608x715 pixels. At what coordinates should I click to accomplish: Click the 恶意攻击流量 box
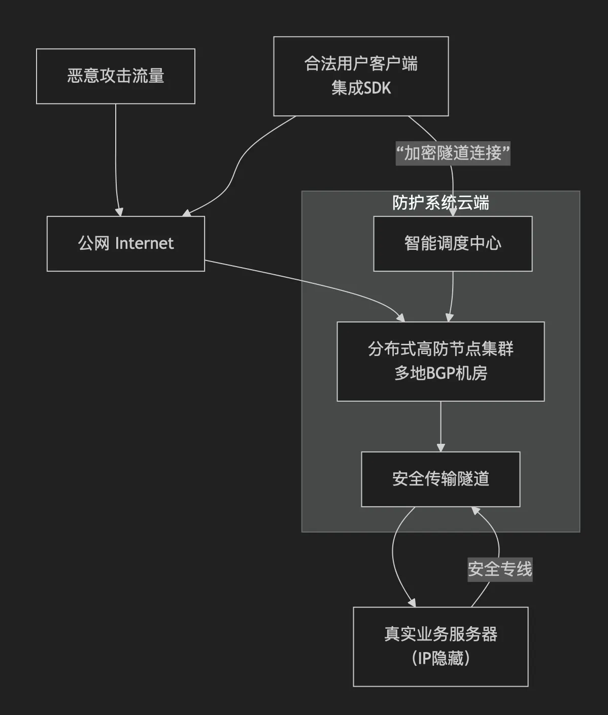click(x=116, y=76)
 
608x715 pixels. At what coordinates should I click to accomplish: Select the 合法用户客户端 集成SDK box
click(x=361, y=76)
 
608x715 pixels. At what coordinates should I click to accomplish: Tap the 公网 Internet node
click(x=126, y=244)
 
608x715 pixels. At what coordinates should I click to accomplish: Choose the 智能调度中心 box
click(x=453, y=244)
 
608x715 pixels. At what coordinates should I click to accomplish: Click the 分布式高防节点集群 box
click(x=441, y=361)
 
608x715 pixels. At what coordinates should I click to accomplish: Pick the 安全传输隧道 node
click(x=441, y=479)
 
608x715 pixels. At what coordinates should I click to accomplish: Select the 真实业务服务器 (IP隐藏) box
click(x=441, y=646)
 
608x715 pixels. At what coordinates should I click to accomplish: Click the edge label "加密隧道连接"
click(x=453, y=153)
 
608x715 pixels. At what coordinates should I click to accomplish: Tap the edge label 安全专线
click(x=500, y=569)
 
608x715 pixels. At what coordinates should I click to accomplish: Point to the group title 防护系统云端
click(x=441, y=203)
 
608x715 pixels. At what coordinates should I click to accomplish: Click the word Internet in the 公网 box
click(x=145, y=244)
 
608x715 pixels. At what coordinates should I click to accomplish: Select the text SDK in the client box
click(x=378, y=88)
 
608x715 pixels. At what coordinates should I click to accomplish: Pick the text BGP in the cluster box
click(x=441, y=373)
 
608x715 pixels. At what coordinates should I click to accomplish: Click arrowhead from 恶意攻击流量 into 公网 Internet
click(x=120, y=212)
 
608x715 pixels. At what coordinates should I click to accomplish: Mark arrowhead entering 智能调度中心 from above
click(x=453, y=212)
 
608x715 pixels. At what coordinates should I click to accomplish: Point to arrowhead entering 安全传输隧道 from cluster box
click(x=441, y=447)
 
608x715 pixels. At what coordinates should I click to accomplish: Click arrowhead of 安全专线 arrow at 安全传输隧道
click(x=476, y=510)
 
